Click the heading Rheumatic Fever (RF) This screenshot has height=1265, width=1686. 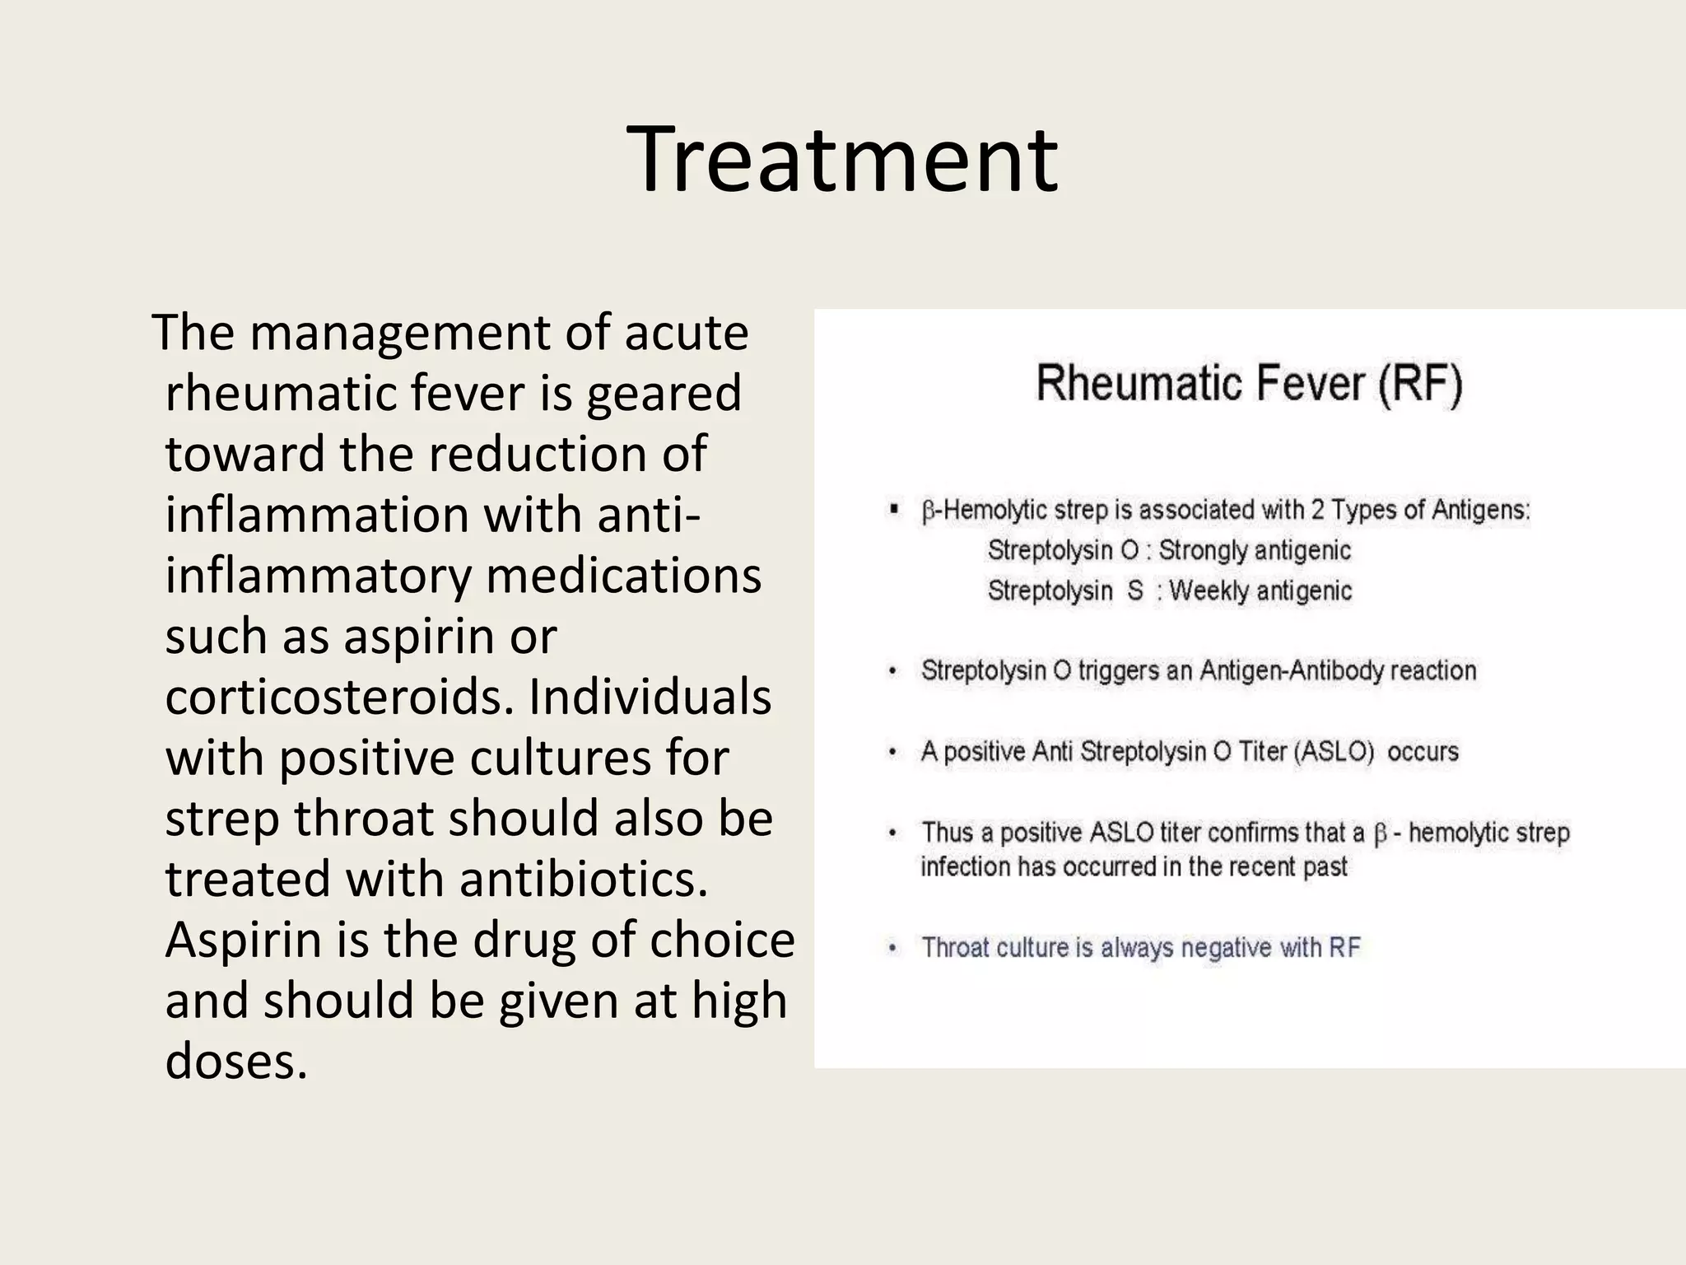pos(1249,384)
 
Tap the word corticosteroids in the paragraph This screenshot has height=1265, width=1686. pos(340,697)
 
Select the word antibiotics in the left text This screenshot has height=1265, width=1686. pos(583,879)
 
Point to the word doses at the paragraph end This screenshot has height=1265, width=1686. pos(235,1062)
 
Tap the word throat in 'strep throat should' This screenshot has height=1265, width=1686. pos(363,819)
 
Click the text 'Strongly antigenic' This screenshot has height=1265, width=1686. pos(1255,550)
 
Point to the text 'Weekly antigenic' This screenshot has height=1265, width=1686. pos(1260,590)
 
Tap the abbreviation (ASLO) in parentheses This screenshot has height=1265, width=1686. pos(1335,751)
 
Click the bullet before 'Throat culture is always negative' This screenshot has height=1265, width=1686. pos(892,948)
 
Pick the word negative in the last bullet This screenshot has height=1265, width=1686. pos(1226,948)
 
